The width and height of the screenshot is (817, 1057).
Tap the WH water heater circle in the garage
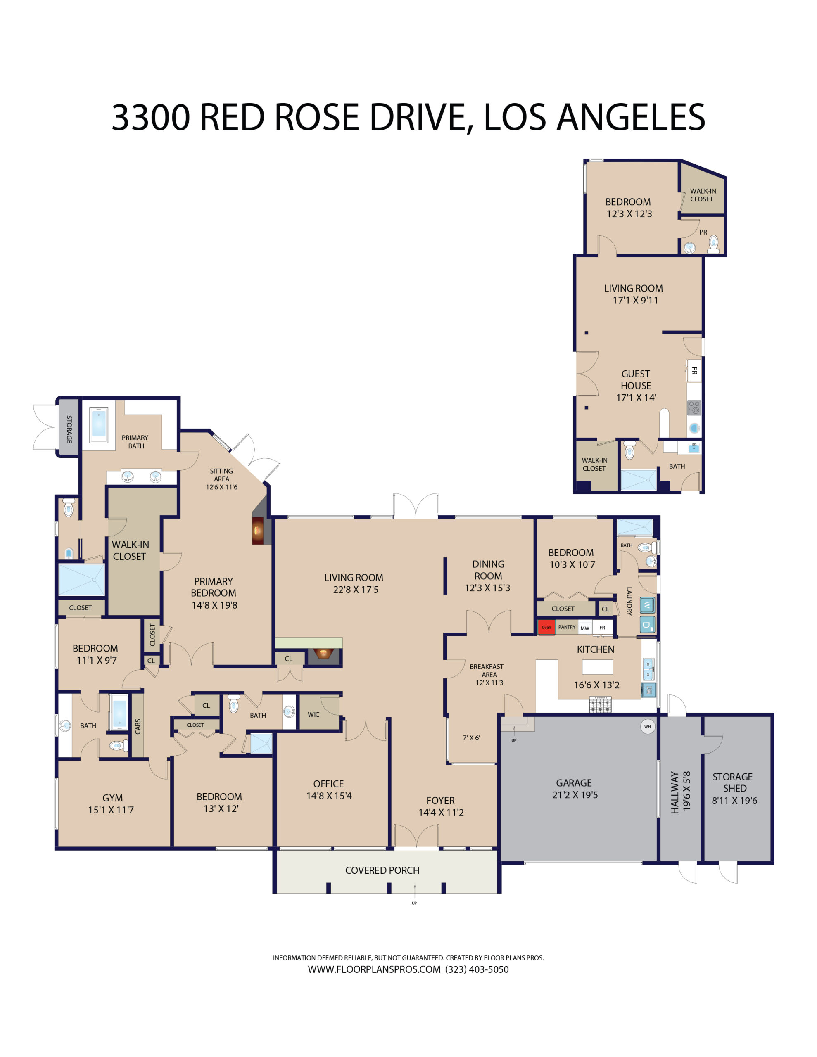point(647,726)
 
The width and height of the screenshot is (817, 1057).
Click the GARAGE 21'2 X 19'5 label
point(575,788)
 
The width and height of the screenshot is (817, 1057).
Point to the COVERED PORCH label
point(382,870)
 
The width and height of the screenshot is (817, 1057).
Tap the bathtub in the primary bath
point(99,424)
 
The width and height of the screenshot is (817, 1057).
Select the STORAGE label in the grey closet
point(69,429)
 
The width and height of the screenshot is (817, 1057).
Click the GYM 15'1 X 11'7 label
point(112,803)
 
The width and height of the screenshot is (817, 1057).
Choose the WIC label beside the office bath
point(313,714)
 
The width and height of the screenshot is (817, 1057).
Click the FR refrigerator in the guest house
point(694,371)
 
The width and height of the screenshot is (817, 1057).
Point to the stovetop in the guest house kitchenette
point(694,408)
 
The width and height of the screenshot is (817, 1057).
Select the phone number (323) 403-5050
point(477,969)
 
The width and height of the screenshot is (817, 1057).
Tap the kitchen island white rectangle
point(597,666)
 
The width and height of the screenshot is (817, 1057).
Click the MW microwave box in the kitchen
point(584,628)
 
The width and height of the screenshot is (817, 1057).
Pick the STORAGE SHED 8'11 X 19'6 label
point(734,788)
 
